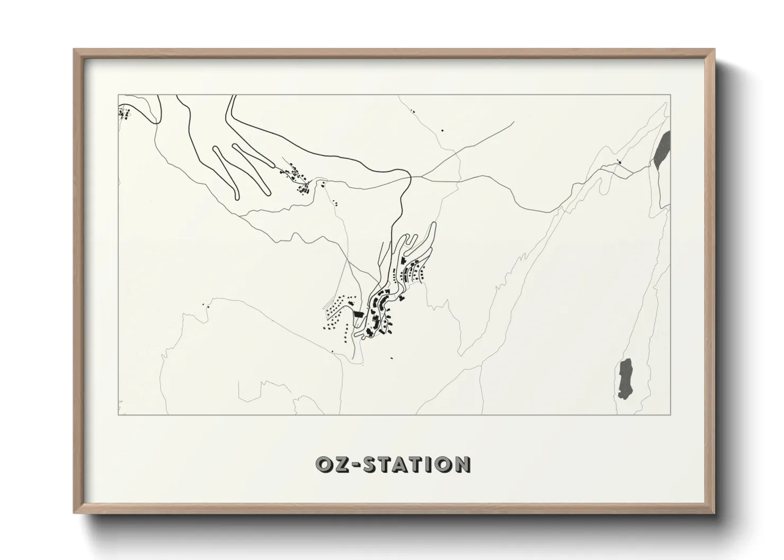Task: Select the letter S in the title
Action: [x=368, y=465]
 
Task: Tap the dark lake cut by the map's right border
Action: [x=663, y=150]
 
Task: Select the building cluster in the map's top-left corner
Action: [x=125, y=113]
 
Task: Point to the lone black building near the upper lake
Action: [x=619, y=162]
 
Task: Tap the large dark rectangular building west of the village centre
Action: [x=359, y=314]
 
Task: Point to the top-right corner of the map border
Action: [x=671, y=95]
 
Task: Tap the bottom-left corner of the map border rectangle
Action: [x=118, y=415]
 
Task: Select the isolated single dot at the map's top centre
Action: [x=443, y=130]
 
